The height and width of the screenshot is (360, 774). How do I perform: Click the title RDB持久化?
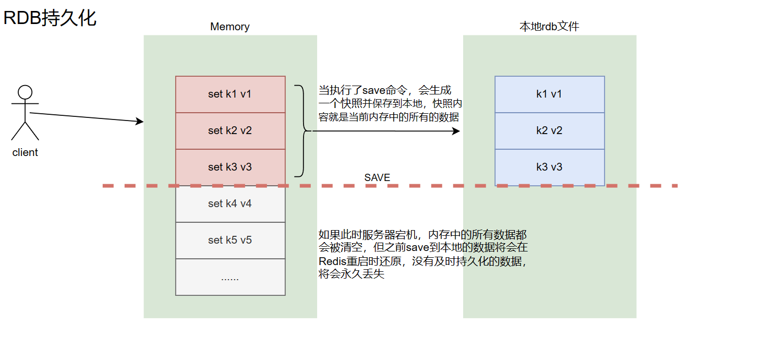click(50, 18)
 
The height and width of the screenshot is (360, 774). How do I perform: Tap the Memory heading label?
click(229, 27)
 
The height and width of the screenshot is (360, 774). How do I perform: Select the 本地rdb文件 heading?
click(549, 27)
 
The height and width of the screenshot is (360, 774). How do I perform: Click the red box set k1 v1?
click(230, 94)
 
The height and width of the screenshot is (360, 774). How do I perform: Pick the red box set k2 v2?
click(230, 131)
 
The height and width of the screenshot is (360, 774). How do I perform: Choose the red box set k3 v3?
click(230, 167)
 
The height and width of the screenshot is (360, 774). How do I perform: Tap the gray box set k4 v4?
click(230, 204)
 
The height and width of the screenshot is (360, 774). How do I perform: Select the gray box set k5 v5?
click(230, 241)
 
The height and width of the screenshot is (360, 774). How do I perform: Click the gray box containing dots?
click(230, 277)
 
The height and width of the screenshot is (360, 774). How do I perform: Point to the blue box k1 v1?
click(549, 94)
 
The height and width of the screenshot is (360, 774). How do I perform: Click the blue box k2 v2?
click(549, 131)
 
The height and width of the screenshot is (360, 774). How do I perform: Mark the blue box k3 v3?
click(549, 167)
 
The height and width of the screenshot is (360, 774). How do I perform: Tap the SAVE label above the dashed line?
click(377, 178)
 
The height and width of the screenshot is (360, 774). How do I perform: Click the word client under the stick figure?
click(25, 153)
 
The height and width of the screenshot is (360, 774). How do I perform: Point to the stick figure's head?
click(25, 92)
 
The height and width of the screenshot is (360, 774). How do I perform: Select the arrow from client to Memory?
click(86, 117)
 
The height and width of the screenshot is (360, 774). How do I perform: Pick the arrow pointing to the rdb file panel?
click(386, 131)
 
